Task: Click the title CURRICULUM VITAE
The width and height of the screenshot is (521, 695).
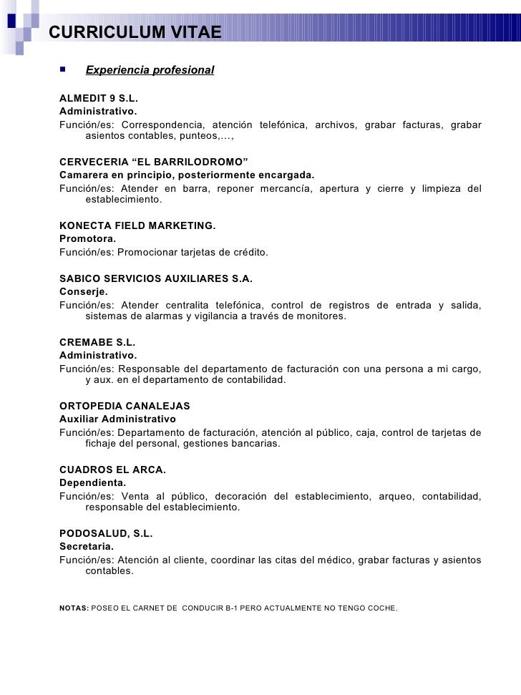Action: (135, 32)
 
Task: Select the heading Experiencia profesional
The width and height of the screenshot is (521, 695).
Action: (150, 70)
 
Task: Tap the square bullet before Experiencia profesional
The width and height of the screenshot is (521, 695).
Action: (63, 69)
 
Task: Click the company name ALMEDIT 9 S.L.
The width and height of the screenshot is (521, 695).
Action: (98, 98)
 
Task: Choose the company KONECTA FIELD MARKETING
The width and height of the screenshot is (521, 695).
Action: (137, 225)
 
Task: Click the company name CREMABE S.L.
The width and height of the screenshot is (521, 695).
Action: (97, 342)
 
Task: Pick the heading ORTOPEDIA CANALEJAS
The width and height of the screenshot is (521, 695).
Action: (125, 406)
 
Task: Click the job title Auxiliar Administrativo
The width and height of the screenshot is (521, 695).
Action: (117, 419)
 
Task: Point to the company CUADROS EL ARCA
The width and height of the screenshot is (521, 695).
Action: (112, 470)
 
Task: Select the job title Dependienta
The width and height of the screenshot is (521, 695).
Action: (92, 482)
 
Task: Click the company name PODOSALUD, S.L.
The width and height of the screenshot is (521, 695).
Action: (106, 533)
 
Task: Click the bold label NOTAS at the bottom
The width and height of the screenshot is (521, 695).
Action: (74, 608)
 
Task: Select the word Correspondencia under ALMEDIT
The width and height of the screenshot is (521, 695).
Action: (162, 125)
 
